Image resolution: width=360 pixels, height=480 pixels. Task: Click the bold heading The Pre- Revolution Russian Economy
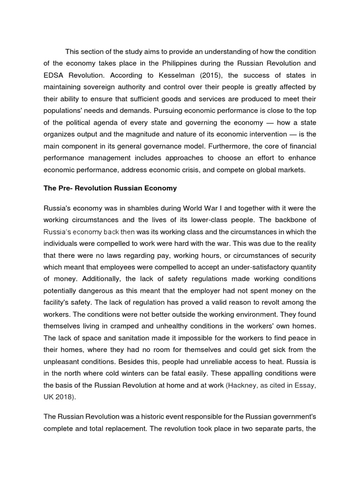[x=110, y=188]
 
